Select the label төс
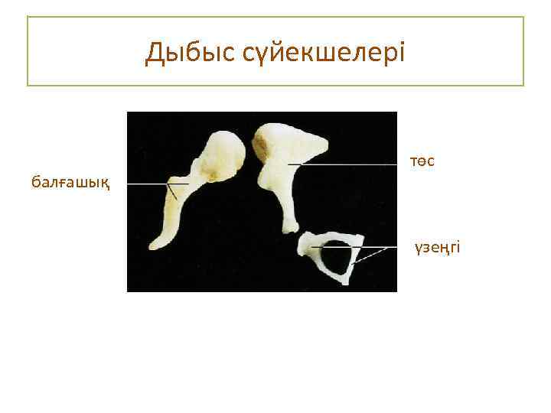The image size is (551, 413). [x=422, y=161]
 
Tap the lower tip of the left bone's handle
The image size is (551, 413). [x=156, y=243]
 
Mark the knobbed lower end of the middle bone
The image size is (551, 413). [x=291, y=226]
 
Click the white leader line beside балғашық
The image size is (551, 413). [x=149, y=184]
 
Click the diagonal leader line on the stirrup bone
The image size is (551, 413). [x=369, y=255]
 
